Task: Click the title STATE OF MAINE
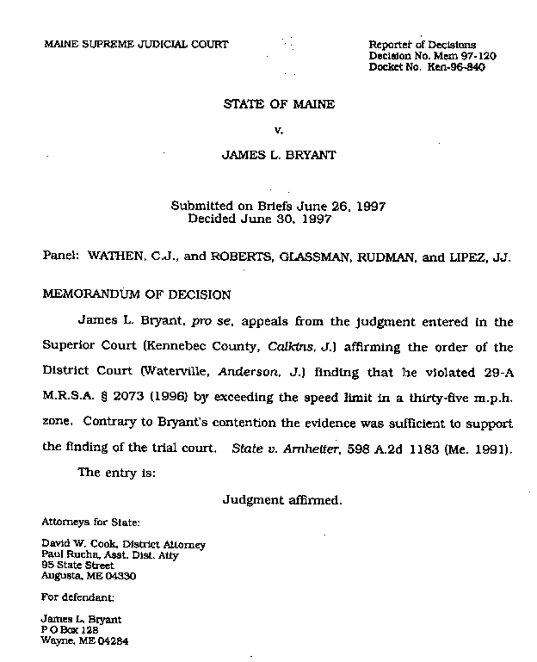click(x=278, y=105)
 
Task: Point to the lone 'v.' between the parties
click(x=278, y=130)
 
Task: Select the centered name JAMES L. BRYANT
click(x=278, y=156)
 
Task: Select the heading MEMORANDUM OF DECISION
click(x=137, y=294)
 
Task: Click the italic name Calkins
click(x=315, y=347)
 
